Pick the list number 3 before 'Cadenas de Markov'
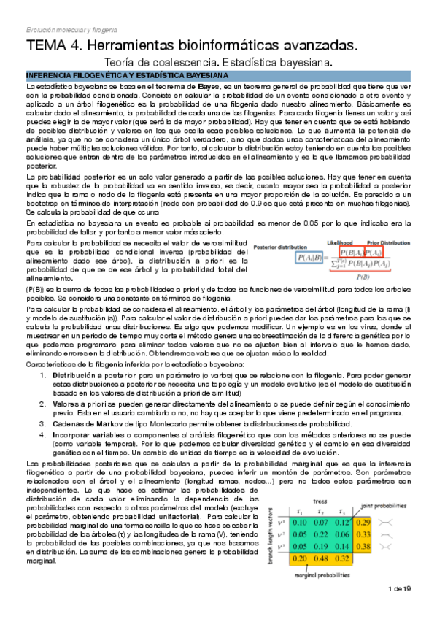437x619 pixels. coord(43,424)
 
